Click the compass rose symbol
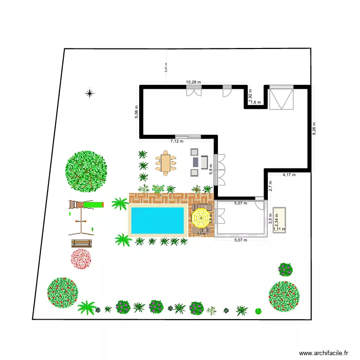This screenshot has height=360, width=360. point(89,93)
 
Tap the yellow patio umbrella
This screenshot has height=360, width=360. point(201,218)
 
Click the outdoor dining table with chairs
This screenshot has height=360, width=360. point(166,164)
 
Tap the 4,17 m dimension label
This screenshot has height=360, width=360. point(289,175)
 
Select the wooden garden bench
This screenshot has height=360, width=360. point(81,243)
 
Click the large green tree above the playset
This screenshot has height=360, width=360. point(86,169)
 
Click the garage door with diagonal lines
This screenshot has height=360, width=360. point(281,98)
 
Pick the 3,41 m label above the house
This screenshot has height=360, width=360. point(166,68)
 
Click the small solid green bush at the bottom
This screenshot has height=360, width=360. point(258,311)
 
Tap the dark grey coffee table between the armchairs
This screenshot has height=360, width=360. point(195,162)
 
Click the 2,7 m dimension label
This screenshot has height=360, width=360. point(270,185)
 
